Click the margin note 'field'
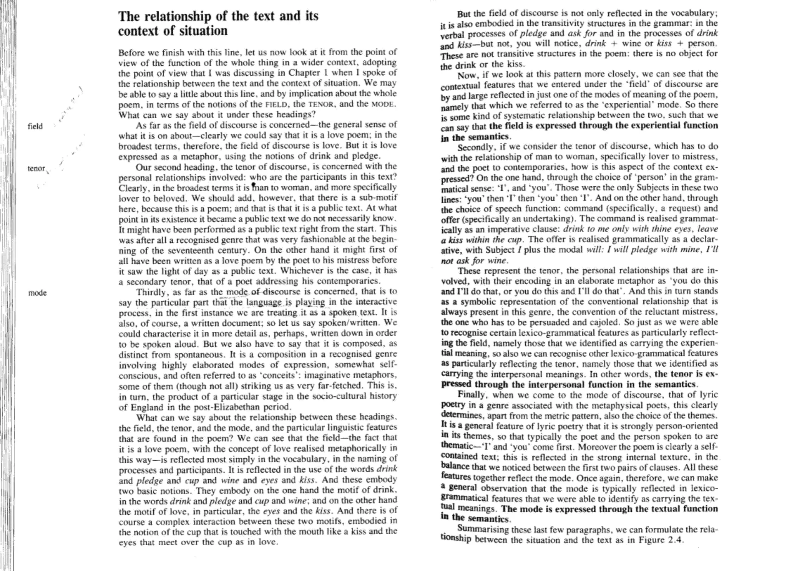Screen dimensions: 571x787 click(35, 126)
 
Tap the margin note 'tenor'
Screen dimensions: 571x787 click(36, 168)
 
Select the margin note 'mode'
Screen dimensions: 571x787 click(37, 293)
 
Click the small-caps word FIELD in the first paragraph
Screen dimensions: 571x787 click(276, 104)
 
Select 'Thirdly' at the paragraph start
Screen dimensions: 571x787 click(150, 292)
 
